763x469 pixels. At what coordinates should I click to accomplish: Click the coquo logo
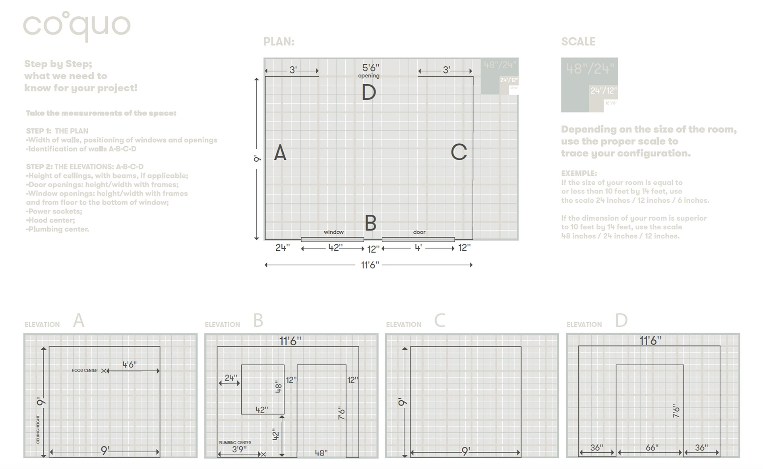(x=77, y=26)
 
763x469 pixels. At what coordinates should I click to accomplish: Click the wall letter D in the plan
(x=369, y=93)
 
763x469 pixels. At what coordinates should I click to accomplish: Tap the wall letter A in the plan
(x=280, y=153)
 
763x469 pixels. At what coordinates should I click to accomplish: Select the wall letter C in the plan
(x=459, y=152)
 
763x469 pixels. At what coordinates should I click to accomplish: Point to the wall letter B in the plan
(x=370, y=223)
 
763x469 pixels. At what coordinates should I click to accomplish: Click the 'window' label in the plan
(x=333, y=232)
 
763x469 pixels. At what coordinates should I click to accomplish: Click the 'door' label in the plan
(x=419, y=232)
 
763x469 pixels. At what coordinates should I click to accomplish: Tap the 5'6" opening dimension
(x=370, y=68)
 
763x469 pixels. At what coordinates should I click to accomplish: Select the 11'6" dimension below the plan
(x=370, y=265)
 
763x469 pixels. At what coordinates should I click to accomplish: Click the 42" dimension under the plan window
(x=335, y=248)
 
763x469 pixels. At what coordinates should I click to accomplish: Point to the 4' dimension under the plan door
(x=418, y=248)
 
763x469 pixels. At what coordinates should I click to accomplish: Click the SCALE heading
(x=578, y=42)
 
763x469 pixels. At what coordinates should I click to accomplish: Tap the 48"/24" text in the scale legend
(x=590, y=69)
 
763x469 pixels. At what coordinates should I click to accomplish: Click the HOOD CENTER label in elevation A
(x=84, y=370)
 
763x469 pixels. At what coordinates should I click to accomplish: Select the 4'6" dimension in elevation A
(x=130, y=364)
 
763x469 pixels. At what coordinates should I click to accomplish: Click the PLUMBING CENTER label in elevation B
(x=234, y=442)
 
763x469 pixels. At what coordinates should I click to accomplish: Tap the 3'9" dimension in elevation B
(x=239, y=449)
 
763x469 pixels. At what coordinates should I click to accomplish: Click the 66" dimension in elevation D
(x=652, y=448)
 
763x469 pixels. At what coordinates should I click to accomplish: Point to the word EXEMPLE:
(x=579, y=173)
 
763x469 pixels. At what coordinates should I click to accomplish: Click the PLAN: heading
(x=279, y=42)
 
